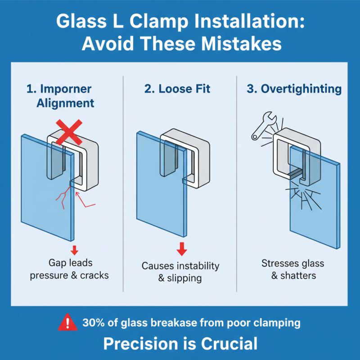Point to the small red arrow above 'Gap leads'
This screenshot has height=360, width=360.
point(75,250)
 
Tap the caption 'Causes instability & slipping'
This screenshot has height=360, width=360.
point(180,272)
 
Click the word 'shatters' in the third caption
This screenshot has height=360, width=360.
point(298,275)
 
